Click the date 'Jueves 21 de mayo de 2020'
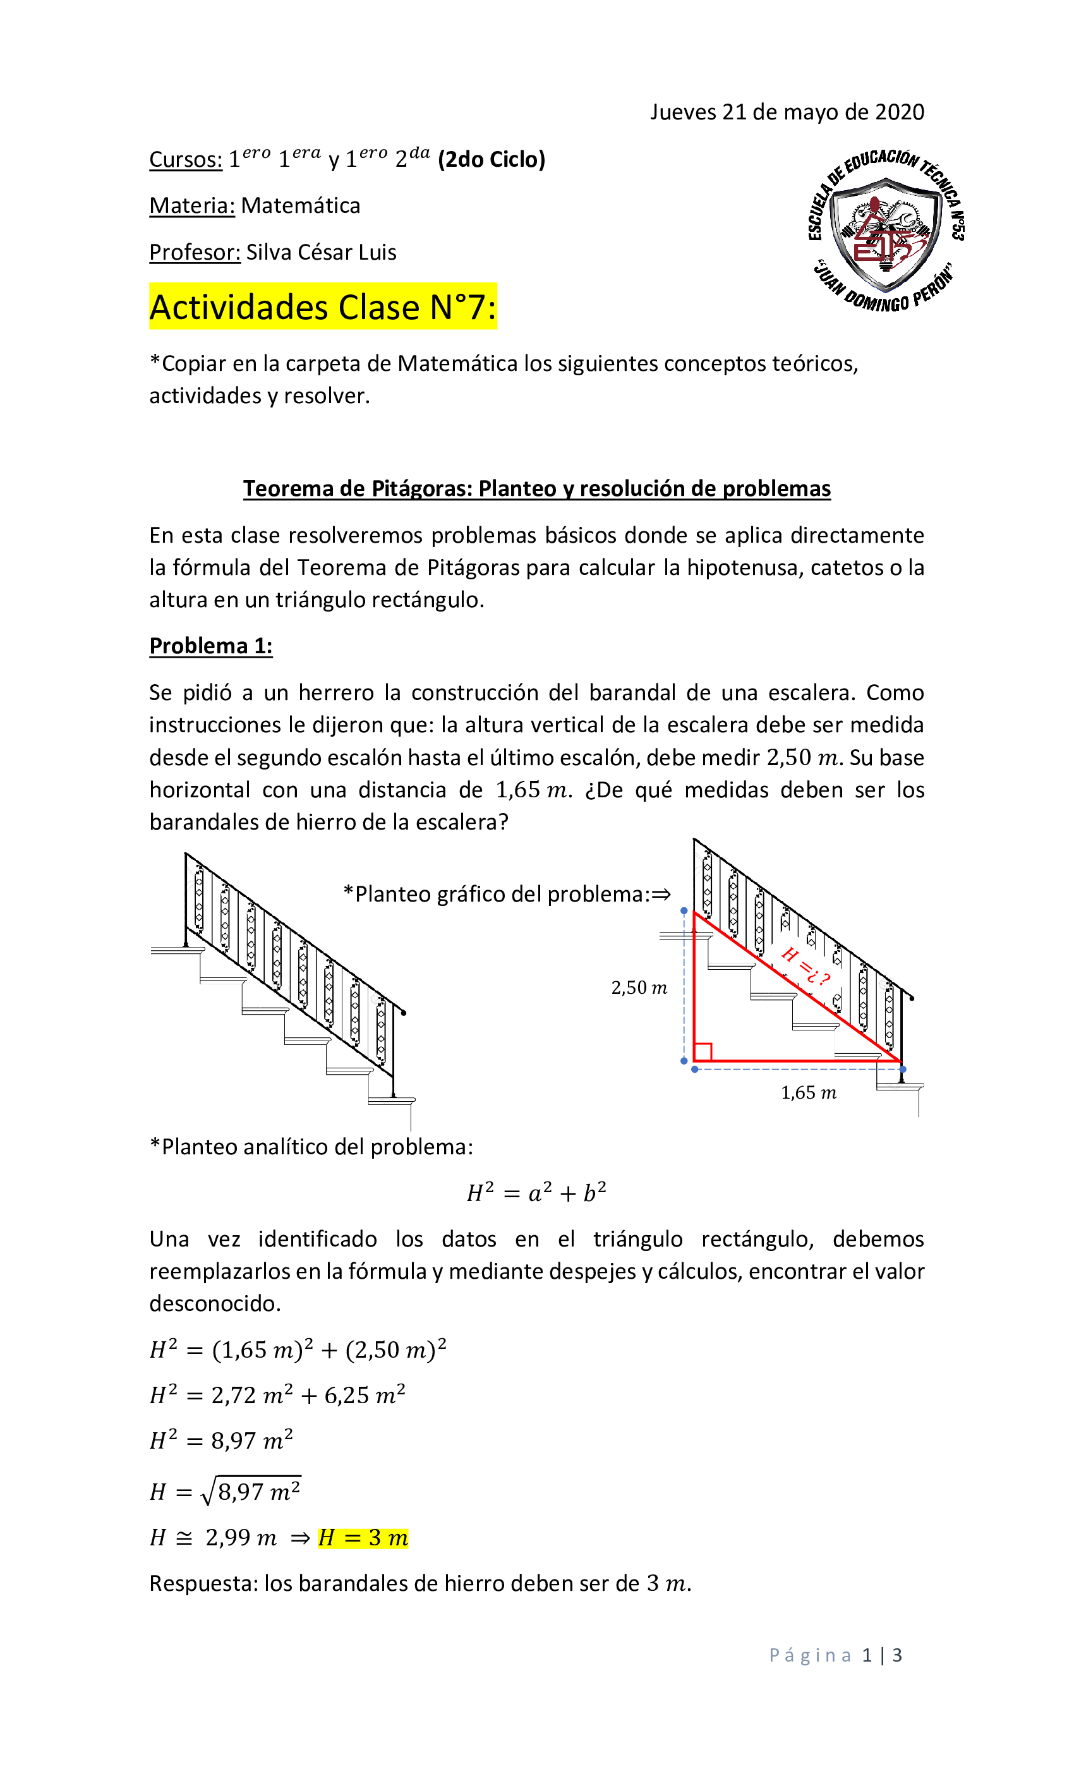(786, 112)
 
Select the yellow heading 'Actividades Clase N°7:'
(322, 307)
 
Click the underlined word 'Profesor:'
(195, 253)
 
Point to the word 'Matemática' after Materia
(300, 206)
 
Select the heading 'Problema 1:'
(210, 646)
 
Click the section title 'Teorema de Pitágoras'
(536, 488)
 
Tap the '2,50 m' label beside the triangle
(638, 988)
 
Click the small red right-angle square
(703, 1052)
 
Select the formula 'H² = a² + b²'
(536, 1193)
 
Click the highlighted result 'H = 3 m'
(363, 1538)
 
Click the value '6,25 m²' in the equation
(364, 1395)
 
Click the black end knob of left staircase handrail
(404, 1013)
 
